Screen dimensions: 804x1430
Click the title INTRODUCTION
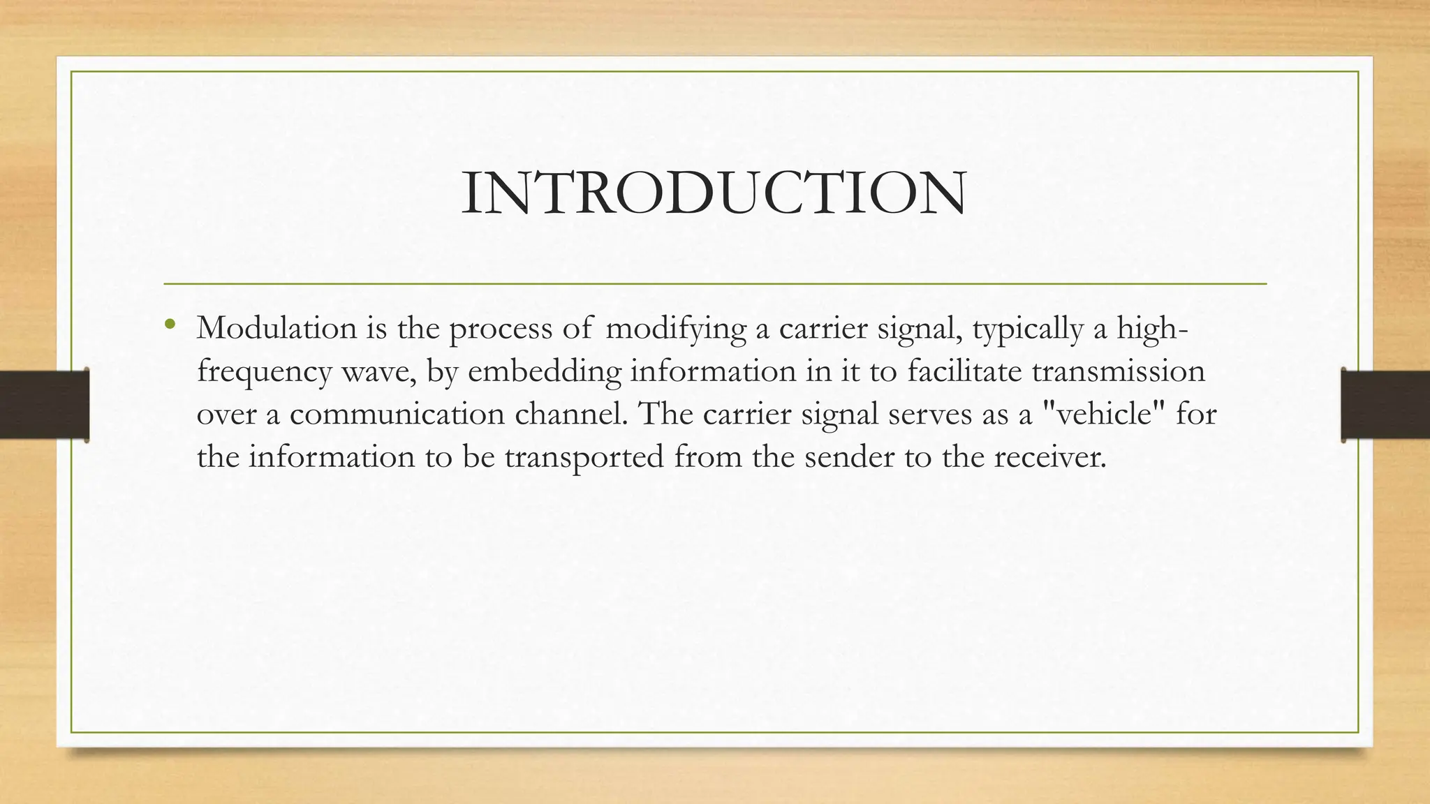click(714, 193)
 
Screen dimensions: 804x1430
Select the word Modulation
click(277, 328)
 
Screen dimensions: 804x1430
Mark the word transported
click(584, 458)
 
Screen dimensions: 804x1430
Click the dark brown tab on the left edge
click(44, 405)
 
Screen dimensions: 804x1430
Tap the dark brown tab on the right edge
click(1385, 405)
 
